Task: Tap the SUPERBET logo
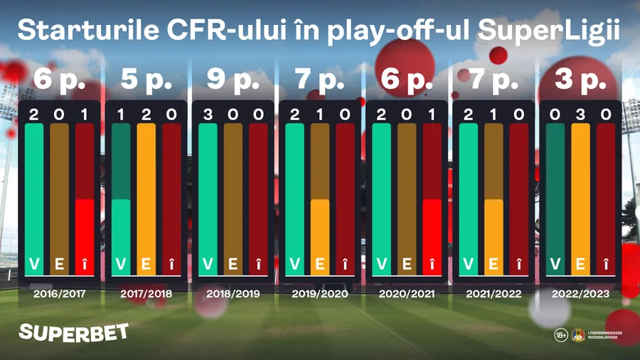(73, 332)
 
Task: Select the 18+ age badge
(560, 334)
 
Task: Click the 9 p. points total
(233, 80)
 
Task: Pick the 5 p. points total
(146, 80)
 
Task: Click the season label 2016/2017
(59, 293)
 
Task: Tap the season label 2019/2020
(320, 293)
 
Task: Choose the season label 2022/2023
(582, 293)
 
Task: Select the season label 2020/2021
(407, 293)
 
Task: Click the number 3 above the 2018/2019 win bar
(208, 115)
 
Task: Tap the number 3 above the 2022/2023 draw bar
(580, 115)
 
